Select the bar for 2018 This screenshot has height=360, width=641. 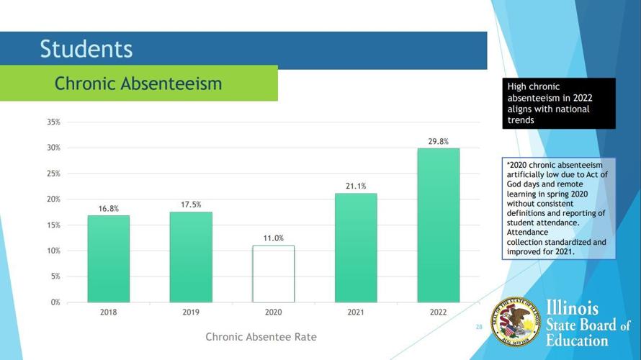tap(109, 258)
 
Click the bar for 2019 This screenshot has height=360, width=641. tap(191, 257)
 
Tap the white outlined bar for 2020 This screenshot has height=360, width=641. tap(273, 274)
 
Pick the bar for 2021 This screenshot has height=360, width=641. tap(356, 248)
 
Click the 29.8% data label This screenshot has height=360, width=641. tap(438, 142)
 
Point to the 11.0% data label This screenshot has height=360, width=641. tap(273, 238)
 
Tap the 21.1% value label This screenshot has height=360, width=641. tap(356, 186)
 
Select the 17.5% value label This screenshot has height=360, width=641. tap(191, 205)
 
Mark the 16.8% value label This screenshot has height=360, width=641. tap(109, 209)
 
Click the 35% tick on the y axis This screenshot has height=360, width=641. tap(54, 122)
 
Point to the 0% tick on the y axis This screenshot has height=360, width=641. tap(55, 302)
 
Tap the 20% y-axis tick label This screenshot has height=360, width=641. tap(54, 199)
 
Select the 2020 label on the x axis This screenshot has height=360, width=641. tap(273, 313)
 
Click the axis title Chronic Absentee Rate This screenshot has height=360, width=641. tap(261, 337)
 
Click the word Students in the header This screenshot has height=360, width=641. tap(86, 49)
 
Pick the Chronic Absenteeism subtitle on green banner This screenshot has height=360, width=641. tap(138, 84)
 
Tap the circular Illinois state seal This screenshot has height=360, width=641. tap(516, 321)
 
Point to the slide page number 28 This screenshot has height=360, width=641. tap(479, 327)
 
